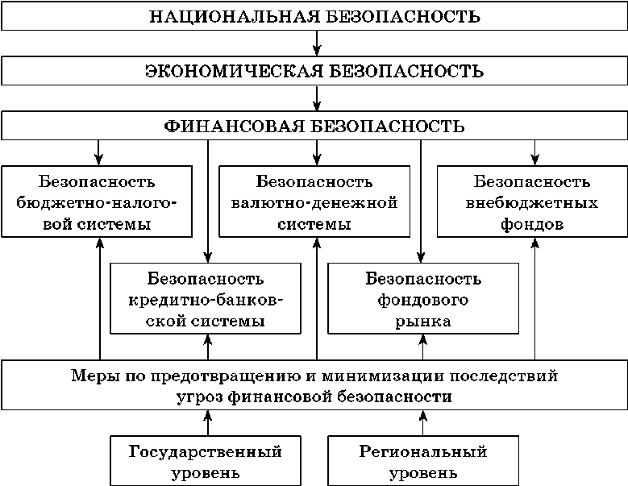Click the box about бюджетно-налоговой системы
point(97,201)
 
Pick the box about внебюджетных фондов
point(532,201)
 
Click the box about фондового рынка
point(423,300)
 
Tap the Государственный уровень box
point(206,461)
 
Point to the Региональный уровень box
point(423,461)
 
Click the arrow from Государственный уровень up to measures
point(208,423)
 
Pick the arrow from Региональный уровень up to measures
point(422,423)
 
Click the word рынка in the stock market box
point(423,321)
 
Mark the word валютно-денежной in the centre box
point(314,202)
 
